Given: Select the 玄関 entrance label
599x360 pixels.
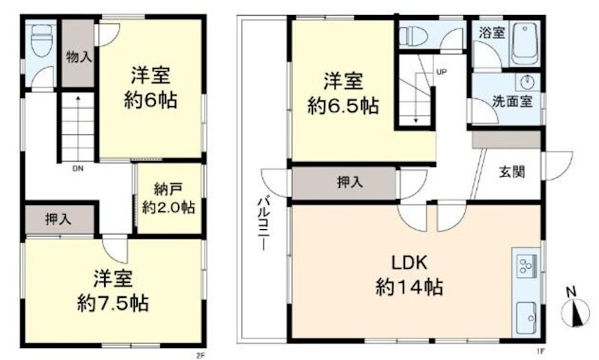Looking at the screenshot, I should pyautogui.click(x=511, y=171).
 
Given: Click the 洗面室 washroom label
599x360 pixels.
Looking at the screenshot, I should pyautogui.click(x=513, y=102).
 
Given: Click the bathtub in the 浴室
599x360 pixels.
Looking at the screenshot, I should pyautogui.click(x=526, y=46).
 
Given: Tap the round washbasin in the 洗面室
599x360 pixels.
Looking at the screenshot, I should pyautogui.click(x=526, y=82).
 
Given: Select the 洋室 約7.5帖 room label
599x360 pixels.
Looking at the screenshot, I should pyautogui.click(x=113, y=291).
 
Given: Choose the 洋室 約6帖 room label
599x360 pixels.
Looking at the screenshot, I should pyautogui.click(x=151, y=88).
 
